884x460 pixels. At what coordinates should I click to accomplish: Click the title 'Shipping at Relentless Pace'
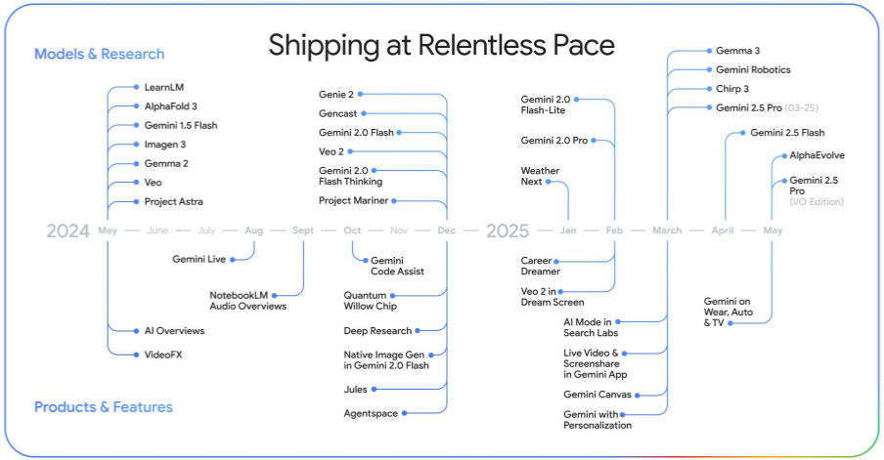441,45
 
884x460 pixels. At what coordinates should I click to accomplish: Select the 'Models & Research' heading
99,54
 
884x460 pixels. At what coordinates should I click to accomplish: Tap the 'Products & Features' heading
104,407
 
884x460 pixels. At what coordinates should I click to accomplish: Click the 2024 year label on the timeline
67,230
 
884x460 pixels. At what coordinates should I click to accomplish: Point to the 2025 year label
508,230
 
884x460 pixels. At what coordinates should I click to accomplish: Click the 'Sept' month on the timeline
303,230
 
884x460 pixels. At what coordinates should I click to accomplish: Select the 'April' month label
723,230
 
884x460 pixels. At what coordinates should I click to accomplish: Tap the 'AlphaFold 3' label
171,106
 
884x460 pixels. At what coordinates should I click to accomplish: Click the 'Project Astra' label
174,201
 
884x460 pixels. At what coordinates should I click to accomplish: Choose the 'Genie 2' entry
336,95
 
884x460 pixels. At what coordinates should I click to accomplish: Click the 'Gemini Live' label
199,259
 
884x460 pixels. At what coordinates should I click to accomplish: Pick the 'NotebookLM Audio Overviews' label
248,301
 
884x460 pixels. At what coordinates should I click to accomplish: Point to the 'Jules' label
355,390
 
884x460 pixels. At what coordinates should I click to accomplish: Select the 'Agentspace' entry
371,413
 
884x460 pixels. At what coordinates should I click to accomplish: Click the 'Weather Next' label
540,176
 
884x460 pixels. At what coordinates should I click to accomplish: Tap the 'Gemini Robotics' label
753,69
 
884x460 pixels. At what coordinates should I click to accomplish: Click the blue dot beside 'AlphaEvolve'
784,156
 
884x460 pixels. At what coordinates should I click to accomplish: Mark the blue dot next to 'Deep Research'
418,330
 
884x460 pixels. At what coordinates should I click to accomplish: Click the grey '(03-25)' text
801,108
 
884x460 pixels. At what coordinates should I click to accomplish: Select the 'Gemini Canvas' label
597,395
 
